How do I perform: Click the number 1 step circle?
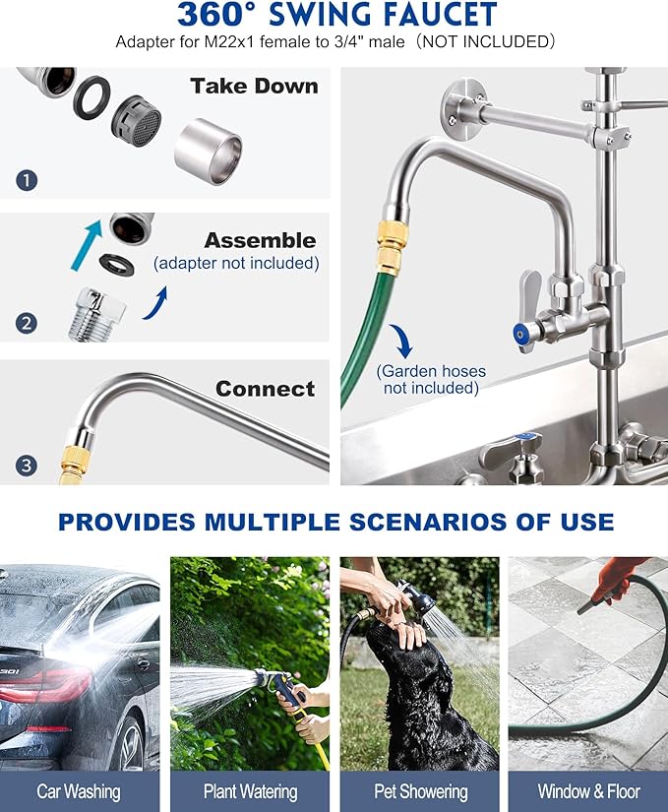(27, 180)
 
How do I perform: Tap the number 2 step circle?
(27, 322)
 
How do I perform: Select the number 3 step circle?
(27, 465)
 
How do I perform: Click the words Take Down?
(254, 86)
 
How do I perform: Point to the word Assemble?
(260, 241)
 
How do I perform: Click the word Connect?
(266, 389)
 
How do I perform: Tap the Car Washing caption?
(79, 791)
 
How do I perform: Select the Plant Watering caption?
(250, 791)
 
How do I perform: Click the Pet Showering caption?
(419, 791)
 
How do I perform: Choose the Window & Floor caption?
(588, 791)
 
